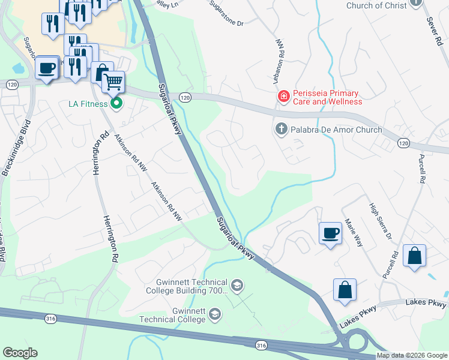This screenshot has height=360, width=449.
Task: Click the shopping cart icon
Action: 113,81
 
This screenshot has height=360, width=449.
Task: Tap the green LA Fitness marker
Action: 117,104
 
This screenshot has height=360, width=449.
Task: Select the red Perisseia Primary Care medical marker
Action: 283,95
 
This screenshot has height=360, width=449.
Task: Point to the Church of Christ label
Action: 376,5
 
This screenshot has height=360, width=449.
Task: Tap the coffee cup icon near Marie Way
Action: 330,232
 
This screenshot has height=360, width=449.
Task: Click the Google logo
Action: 20,353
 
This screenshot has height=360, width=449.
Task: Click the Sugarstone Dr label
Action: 226,14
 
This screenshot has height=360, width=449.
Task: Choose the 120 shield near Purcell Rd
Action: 403,143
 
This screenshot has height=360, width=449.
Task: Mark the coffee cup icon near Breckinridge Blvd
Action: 47,67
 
